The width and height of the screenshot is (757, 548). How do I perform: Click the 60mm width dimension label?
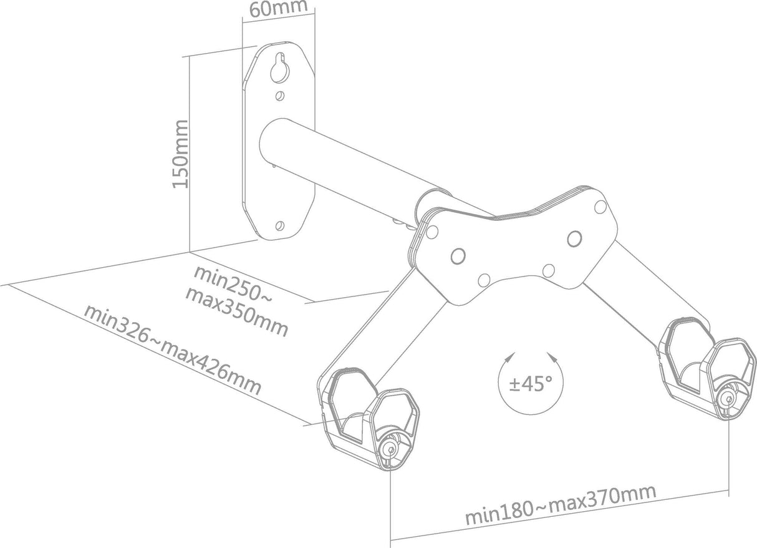coord(277,9)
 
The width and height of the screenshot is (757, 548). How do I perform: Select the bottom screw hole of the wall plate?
coord(279,224)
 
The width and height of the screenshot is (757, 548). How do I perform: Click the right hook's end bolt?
coord(726,398)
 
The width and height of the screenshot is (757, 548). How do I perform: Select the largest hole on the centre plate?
coord(574,238)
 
